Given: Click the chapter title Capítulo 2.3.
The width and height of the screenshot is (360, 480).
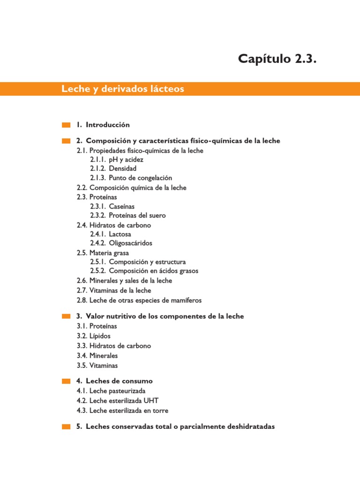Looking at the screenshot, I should [274, 59].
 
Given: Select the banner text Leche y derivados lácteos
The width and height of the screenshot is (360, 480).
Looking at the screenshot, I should [123, 89].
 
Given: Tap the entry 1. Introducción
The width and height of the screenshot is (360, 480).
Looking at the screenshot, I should [103, 125].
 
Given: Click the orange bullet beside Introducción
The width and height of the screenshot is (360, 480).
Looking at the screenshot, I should [66, 125].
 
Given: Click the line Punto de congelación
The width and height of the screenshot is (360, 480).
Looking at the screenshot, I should [140, 178].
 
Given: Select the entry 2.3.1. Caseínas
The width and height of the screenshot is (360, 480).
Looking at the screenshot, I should [115, 206].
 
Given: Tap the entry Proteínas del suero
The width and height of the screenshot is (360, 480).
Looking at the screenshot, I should [137, 216].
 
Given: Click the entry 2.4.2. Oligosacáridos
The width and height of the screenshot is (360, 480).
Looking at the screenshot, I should [121, 243].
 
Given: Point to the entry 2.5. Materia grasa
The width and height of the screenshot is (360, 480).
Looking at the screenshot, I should [103, 253].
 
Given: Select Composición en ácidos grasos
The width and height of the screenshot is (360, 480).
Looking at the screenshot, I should [153, 271].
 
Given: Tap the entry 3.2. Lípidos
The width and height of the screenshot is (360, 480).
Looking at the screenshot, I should [94, 336].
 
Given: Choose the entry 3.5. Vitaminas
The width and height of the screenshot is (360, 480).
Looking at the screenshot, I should [97, 365].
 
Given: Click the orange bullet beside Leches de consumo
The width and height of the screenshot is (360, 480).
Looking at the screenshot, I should [66, 381].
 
